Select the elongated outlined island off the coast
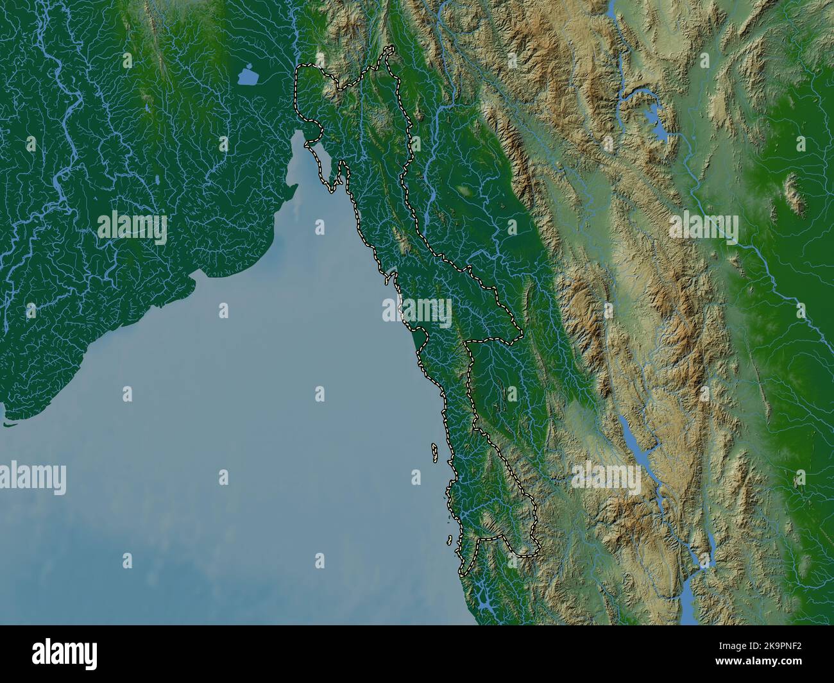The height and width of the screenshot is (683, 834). [x=435, y=453]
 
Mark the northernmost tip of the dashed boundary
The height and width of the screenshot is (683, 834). [x=388, y=49]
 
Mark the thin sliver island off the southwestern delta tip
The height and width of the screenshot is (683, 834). [x=9, y=423]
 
